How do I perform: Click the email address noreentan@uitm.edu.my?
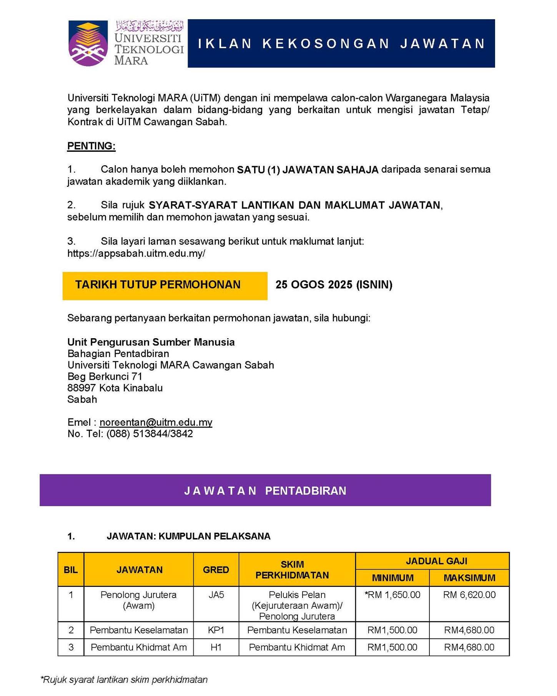[156, 422]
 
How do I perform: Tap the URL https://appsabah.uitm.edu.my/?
[136, 253]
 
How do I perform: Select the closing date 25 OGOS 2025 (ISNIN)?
[334, 285]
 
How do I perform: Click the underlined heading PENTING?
[91, 146]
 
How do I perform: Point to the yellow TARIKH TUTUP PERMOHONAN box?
[165, 286]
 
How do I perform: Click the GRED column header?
[216, 570]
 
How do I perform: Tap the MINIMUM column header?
[392, 578]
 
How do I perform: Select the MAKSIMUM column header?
[469, 578]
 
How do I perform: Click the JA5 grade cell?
[216, 595]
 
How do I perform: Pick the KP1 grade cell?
[216, 630]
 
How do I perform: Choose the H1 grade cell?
[216, 647]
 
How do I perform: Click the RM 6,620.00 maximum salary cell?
[469, 595]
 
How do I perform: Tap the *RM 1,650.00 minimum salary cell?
[392, 595]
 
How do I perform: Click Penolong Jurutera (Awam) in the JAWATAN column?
[138, 600]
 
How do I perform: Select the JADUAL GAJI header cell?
[436, 561]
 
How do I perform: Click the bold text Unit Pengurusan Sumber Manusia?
[151, 342]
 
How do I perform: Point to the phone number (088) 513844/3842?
[150, 434]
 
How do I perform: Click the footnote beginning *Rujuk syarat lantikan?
[124, 679]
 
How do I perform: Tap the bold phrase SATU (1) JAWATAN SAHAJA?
[308, 169]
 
